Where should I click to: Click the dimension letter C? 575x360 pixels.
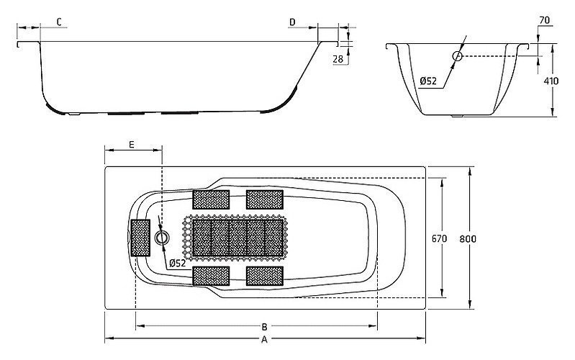60,22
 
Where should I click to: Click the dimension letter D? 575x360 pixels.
292,22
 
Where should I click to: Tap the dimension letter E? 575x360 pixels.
132,145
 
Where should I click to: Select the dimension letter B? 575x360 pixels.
264,327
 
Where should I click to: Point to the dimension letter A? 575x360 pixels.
264,340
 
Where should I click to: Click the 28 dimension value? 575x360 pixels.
338,59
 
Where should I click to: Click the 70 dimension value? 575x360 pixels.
545,20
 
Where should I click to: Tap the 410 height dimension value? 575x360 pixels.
551,81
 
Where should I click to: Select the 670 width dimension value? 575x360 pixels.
439,239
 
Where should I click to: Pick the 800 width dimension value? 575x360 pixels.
468,239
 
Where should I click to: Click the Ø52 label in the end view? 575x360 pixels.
428,81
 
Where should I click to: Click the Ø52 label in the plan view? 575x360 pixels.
178,263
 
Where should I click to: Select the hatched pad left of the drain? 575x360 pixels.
140,238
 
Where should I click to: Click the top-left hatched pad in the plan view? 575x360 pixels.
211,199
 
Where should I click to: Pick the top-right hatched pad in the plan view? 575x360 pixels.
265,199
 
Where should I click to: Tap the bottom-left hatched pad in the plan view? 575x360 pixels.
211,276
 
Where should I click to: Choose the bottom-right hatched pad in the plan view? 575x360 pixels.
265,276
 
